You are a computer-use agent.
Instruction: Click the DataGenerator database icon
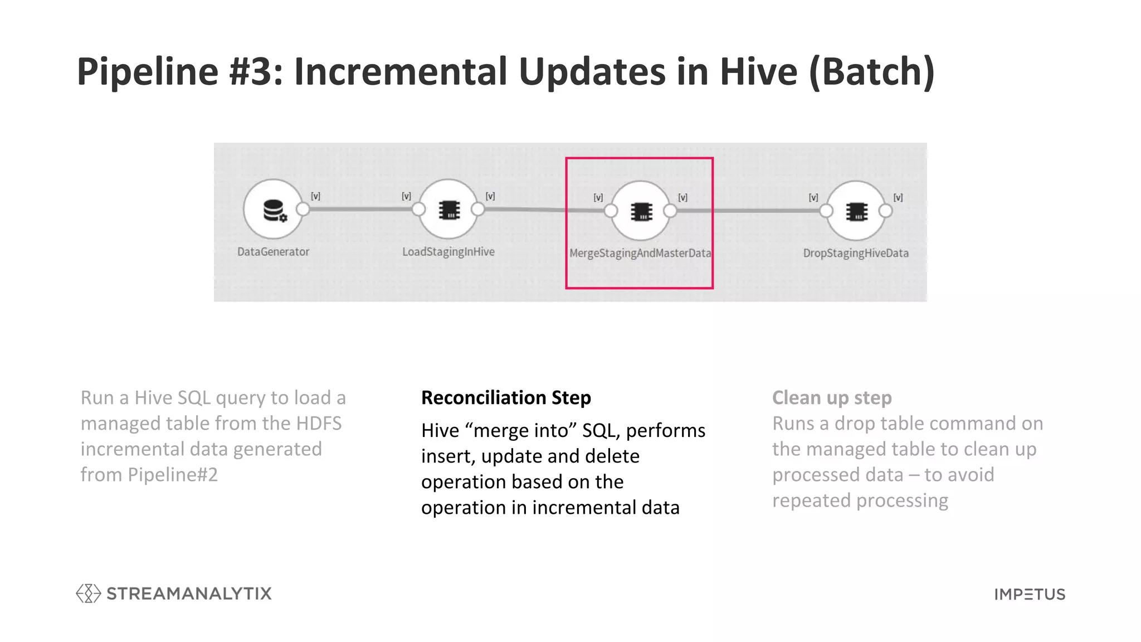[274, 211]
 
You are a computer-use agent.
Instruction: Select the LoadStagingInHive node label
[448, 252]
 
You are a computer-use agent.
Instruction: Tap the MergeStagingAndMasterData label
[640, 253]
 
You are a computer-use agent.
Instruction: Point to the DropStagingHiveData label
[855, 253]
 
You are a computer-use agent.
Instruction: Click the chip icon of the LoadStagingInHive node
[449, 210]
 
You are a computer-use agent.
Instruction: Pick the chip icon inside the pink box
[641, 212]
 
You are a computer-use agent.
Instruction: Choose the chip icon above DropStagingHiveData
[856, 212]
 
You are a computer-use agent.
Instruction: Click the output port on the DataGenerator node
[303, 209]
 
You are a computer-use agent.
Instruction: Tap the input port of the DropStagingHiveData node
[826, 211]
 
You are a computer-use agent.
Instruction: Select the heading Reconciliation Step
[505, 398]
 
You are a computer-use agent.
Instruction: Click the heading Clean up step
[831, 398]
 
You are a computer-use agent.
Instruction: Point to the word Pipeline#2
[173, 475]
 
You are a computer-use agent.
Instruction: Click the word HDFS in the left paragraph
[319, 424]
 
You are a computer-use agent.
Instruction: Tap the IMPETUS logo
[1029, 594]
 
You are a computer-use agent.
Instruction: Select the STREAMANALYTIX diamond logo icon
[88, 594]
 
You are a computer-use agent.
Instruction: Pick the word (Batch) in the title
[871, 71]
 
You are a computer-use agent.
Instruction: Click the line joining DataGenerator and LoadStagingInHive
[360, 209]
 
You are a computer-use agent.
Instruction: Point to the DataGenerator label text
[273, 252]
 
